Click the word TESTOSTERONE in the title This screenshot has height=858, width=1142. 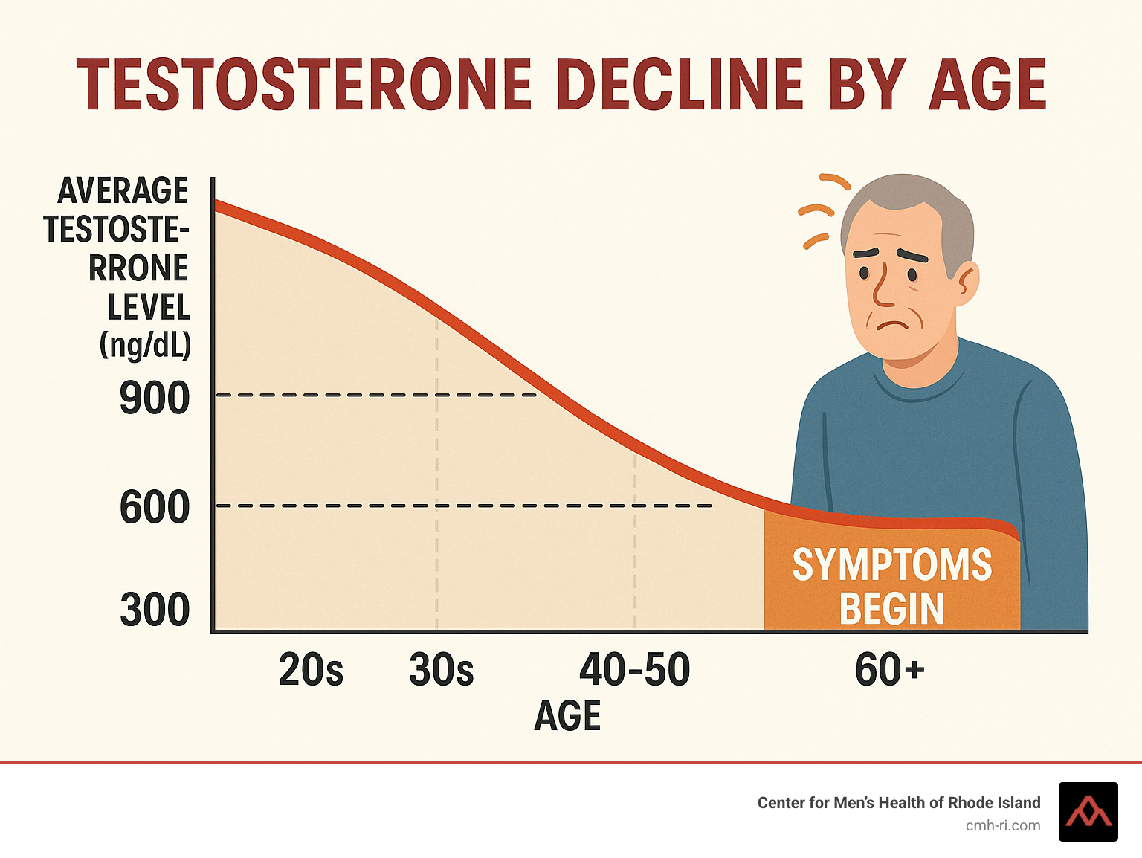303,85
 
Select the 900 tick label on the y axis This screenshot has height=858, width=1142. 155,399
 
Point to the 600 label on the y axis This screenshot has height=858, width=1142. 155,508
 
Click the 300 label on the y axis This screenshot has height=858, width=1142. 155,610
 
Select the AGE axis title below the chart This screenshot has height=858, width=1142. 567,716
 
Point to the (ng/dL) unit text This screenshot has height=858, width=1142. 145,345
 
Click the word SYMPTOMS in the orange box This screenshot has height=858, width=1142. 891,565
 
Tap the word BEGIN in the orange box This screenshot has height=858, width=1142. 891,609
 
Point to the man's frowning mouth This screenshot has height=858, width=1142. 893,325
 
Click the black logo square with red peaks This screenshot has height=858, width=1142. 1088,812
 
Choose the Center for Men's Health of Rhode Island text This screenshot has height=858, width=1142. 898,803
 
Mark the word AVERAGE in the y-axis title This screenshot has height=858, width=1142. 123,191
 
